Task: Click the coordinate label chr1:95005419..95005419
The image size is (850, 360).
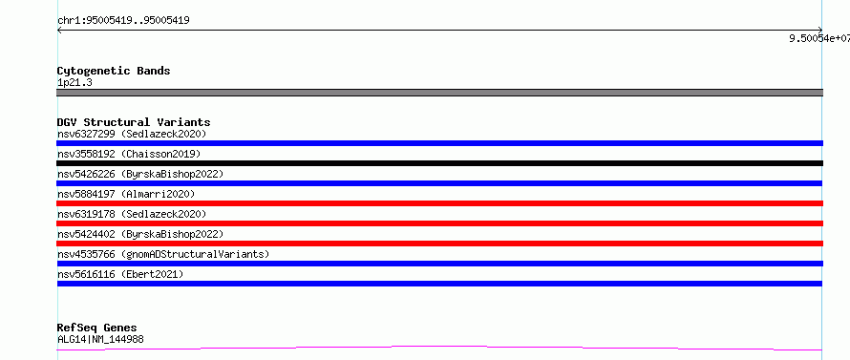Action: coord(123,21)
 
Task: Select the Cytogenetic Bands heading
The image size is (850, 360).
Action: coord(114,71)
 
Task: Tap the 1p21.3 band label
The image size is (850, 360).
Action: coord(74,83)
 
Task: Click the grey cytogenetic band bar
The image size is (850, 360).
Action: coord(439,93)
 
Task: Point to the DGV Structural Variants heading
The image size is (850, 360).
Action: coord(134,122)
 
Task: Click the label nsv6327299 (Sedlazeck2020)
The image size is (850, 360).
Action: coord(132,134)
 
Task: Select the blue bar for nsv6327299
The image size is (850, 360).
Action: coord(439,143)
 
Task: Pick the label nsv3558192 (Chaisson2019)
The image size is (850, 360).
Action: coord(129,154)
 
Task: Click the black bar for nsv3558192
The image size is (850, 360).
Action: coord(439,163)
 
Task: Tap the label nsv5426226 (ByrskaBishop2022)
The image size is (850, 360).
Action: coord(140,174)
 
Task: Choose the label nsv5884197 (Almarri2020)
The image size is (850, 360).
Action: coord(126,194)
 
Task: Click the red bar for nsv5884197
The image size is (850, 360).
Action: coord(439,203)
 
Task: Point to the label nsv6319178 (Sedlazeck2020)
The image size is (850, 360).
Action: coord(132,214)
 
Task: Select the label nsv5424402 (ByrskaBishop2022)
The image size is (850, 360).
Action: coord(140,234)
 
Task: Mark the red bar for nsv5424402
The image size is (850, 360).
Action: coord(439,244)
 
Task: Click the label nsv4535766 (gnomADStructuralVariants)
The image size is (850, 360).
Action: coord(163,254)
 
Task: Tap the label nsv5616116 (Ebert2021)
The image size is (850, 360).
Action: coord(120,274)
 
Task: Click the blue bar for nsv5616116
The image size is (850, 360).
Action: coord(439,284)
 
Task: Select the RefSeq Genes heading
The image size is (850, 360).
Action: coord(96,328)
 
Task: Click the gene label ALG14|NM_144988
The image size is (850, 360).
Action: coord(100,340)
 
